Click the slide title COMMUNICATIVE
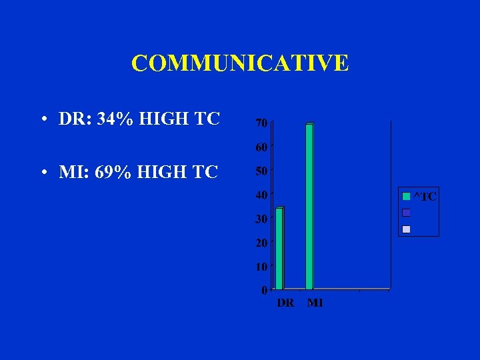240,63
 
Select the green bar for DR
279,248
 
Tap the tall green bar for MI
309,206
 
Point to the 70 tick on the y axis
261,123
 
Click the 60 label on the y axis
261,147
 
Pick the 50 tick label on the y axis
261,171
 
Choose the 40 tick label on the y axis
261,195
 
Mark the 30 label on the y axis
261,219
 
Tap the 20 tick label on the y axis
261,243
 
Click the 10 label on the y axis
261,267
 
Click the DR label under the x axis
285,303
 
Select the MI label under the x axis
315,303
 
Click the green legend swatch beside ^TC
406,197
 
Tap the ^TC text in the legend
425,197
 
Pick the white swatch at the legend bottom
406,229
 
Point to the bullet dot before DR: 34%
43,121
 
